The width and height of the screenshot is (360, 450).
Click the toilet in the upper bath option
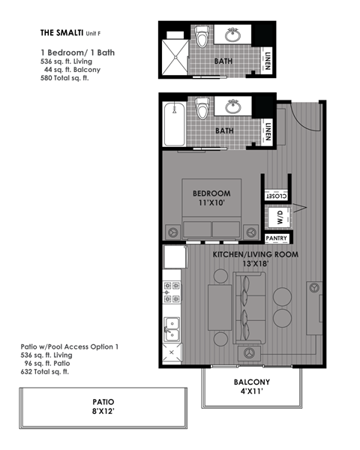click(x=201, y=37)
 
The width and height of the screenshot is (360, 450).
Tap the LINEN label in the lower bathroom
click(x=268, y=132)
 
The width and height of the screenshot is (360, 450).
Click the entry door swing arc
click(x=296, y=112)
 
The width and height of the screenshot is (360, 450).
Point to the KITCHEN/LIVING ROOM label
click(x=255, y=255)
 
